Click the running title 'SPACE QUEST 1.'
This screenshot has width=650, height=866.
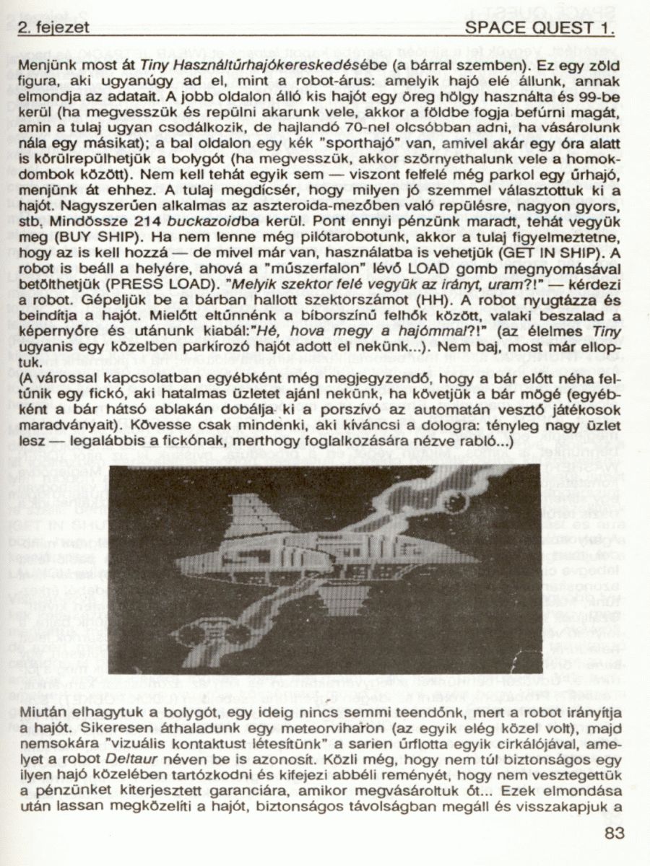coord(540,28)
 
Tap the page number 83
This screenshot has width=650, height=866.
coord(612,835)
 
